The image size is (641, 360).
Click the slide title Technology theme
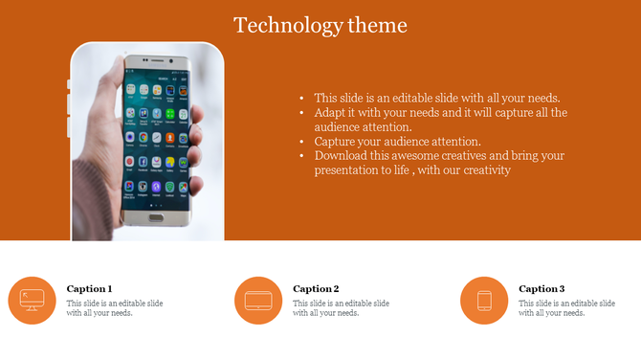(x=320, y=25)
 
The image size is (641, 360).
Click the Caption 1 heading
(x=89, y=288)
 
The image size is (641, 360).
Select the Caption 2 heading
(x=316, y=288)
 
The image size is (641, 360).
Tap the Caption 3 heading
(x=542, y=288)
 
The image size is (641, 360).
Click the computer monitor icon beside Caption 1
(x=33, y=301)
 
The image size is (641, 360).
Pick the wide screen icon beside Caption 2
(x=258, y=301)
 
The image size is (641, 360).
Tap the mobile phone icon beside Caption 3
(x=484, y=301)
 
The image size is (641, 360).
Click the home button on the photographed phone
(x=155, y=217)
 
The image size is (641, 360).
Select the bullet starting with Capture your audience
(x=397, y=141)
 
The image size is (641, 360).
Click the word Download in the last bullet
(x=340, y=155)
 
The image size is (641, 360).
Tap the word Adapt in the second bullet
(x=330, y=112)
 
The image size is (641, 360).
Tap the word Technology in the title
(x=278, y=25)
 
